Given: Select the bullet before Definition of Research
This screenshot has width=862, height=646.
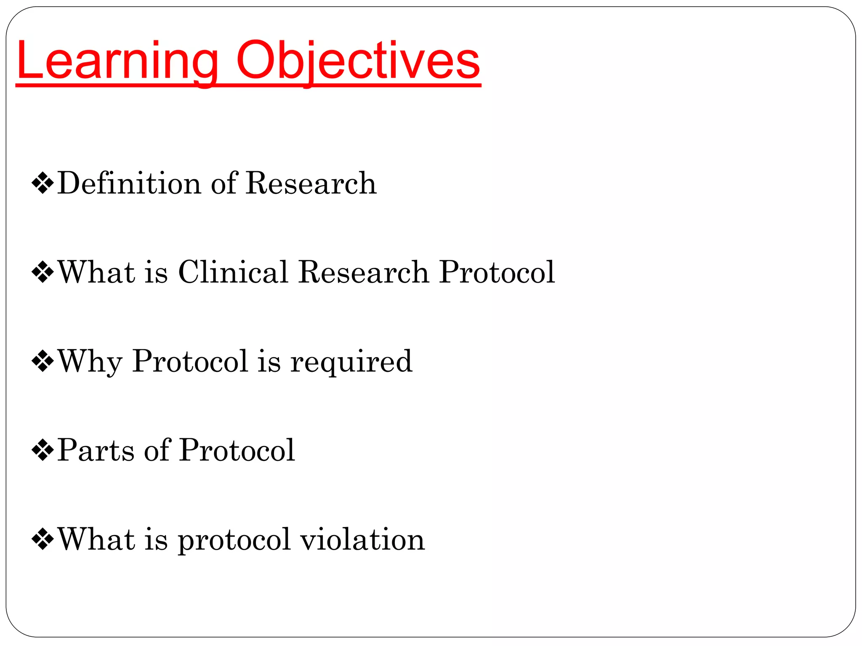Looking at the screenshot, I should [43, 183].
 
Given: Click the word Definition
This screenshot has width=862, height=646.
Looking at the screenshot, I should [129, 183].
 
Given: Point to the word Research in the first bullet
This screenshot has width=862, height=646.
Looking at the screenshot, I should [311, 183].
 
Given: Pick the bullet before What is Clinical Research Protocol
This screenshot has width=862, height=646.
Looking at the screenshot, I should [43, 273].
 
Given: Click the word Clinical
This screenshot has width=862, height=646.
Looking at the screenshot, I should [233, 272].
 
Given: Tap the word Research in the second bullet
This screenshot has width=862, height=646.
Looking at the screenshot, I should [364, 272].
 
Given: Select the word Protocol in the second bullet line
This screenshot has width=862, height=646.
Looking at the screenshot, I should [497, 272].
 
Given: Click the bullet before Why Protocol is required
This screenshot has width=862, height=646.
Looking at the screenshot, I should [43, 361].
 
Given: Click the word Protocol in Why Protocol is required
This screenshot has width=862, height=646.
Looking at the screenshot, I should [190, 361].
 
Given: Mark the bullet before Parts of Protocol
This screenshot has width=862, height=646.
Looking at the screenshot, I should [43, 450].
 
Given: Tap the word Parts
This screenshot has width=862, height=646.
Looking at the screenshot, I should [96, 450].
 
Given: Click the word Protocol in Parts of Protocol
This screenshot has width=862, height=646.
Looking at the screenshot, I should [237, 450].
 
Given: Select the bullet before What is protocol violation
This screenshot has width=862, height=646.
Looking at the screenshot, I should [43, 540].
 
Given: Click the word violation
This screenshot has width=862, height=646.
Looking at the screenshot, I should [362, 540].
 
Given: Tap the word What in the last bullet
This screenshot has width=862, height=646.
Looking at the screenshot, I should [96, 539].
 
